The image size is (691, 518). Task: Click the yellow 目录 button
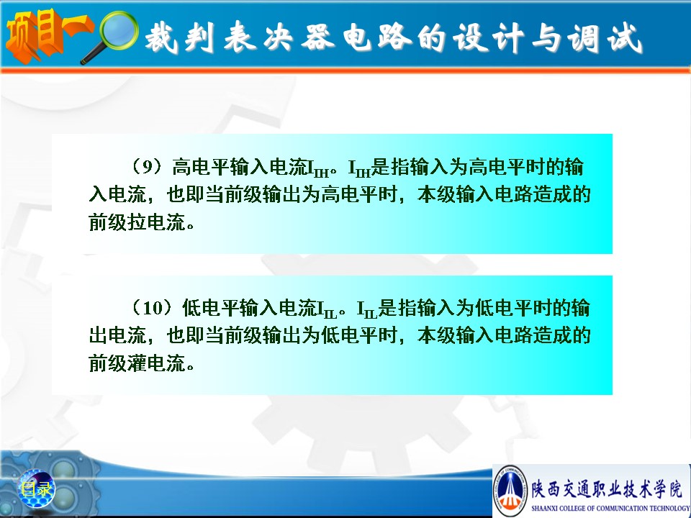[x=37, y=489]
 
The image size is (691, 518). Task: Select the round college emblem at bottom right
[x=510, y=491]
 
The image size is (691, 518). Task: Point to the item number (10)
[x=152, y=307]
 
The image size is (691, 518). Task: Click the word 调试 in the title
[x=604, y=38]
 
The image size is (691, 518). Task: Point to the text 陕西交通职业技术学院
[x=607, y=489]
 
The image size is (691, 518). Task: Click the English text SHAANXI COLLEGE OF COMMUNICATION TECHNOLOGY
[x=610, y=508]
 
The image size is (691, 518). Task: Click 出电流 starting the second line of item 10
[x=117, y=335]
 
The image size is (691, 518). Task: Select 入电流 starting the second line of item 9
[x=117, y=194]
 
